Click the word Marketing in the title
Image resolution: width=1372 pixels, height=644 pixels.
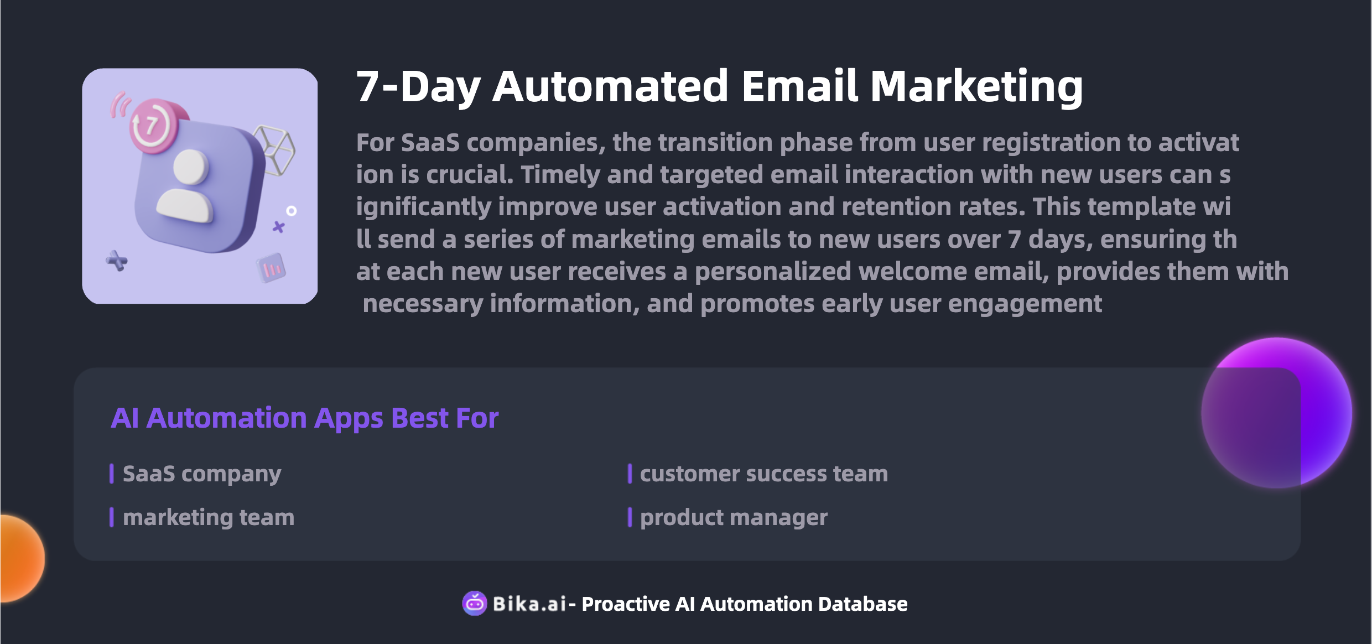[x=976, y=87]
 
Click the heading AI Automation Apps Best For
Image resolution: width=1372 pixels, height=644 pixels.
[x=305, y=418]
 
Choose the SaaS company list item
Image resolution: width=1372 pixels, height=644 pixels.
[x=202, y=474]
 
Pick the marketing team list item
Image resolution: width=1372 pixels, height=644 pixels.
[x=209, y=518]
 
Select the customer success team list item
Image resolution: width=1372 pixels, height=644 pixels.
[x=764, y=474]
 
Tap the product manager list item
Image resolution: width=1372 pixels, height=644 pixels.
[x=734, y=518]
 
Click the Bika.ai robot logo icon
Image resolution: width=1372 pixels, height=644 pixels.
[x=475, y=603]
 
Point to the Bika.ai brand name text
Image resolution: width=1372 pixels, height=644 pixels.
[x=529, y=604]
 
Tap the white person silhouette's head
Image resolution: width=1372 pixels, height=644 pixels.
[x=191, y=167]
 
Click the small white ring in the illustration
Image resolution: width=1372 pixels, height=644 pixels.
[x=292, y=211]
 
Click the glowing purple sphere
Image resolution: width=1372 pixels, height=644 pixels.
[x=1277, y=413]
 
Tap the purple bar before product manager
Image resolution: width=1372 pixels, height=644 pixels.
[x=630, y=517]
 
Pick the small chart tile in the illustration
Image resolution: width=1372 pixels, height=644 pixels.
[x=271, y=268]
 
